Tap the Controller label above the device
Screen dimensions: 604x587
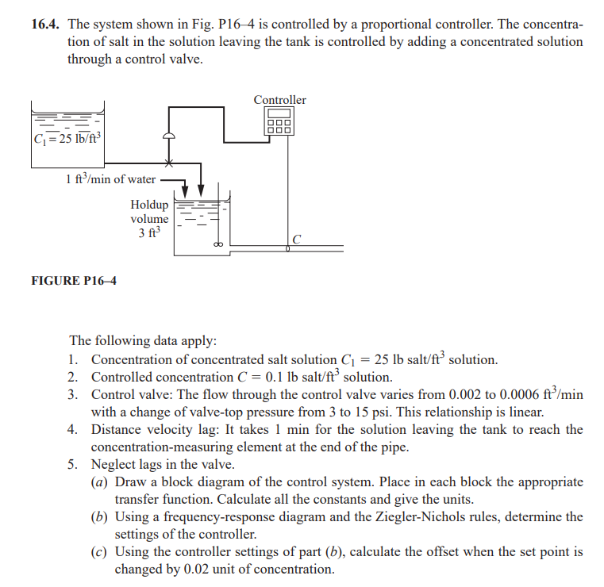[279, 100]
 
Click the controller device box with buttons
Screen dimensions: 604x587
[279, 122]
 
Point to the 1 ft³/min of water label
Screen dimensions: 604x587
[111, 179]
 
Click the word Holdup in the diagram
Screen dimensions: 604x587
[149, 204]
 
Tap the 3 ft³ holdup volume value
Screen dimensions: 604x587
[149, 233]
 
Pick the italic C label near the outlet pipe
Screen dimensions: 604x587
[296, 240]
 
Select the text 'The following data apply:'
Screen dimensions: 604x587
[142, 341]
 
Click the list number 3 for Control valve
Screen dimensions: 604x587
[72, 394]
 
